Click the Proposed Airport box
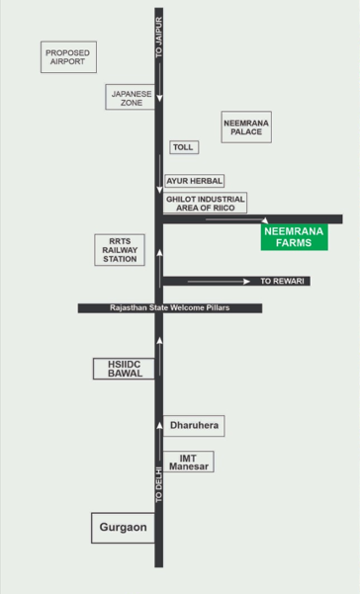[x=68, y=57]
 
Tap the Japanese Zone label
[x=131, y=98]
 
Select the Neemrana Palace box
[x=246, y=127]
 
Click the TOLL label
[x=184, y=147]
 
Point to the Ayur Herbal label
[x=195, y=181]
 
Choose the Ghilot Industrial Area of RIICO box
[x=205, y=203]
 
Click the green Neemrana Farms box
[x=295, y=237]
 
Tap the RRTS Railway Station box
[x=120, y=250]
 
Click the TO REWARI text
[x=282, y=281]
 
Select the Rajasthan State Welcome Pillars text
[x=170, y=307]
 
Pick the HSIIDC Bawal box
[x=124, y=369]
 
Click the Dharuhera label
[x=194, y=426]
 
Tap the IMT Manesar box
[x=189, y=462]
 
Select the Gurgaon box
[x=124, y=528]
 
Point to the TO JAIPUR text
[x=159, y=38]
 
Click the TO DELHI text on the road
[x=159, y=485]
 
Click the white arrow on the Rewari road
[x=219, y=281]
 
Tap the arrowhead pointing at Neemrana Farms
[x=265, y=220]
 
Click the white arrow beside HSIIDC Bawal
[x=159, y=356]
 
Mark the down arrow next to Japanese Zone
[x=159, y=82]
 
